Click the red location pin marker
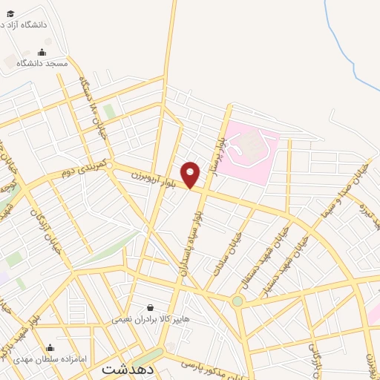[191, 174]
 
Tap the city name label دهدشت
[127, 368]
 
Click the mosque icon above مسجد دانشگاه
[42, 52]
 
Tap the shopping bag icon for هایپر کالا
[151, 307]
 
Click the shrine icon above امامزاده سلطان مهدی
[50, 347]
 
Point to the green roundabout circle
[237, 301]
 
